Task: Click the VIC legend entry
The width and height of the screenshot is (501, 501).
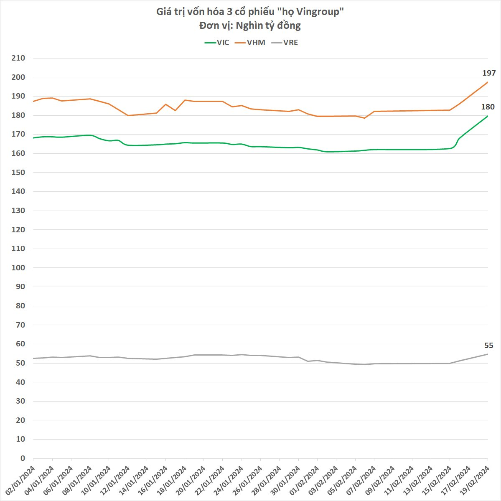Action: [x=217, y=43]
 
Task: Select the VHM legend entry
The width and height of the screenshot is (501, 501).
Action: [x=250, y=43]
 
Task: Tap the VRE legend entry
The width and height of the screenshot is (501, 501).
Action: [x=285, y=43]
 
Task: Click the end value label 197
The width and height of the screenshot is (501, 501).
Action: [x=489, y=73]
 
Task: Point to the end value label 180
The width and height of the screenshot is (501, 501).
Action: [x=488, y=107]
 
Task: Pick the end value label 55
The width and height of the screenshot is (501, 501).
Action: [x=488, y=346]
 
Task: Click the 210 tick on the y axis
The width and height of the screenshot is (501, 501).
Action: [x=19, y=58]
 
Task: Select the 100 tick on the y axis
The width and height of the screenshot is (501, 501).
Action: [x=19, y=268]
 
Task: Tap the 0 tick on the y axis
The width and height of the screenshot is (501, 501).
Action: [x=23, y=458]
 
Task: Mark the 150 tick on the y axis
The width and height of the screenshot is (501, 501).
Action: [x=19, y=173]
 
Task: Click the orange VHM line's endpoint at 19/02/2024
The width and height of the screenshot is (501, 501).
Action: [x=488, y=82]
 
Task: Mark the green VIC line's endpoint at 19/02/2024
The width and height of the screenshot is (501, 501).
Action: [x=488, y=116]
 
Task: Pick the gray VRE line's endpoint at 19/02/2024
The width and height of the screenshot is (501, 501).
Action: [x=488, y=354]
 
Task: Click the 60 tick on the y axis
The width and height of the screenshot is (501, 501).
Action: [x=20, y=344]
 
